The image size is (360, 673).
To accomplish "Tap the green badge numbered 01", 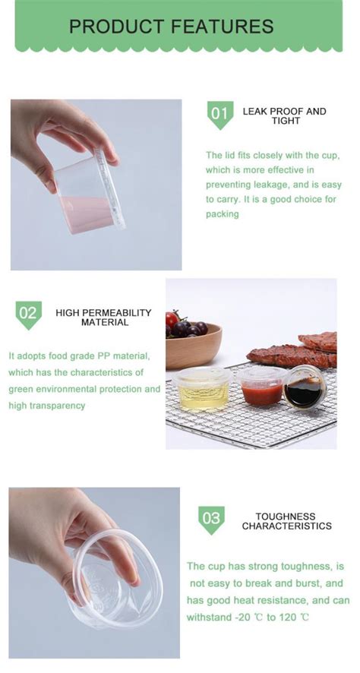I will pos(219,115).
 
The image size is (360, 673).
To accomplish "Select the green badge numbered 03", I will pos(211,520).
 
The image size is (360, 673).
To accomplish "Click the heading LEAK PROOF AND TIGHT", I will pos(284,115).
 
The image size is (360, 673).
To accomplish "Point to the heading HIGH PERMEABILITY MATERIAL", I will pos(103,318).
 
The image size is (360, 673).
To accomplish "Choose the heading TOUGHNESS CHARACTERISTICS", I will pos(286,520).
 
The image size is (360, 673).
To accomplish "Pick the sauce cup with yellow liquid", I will pos(201,390).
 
